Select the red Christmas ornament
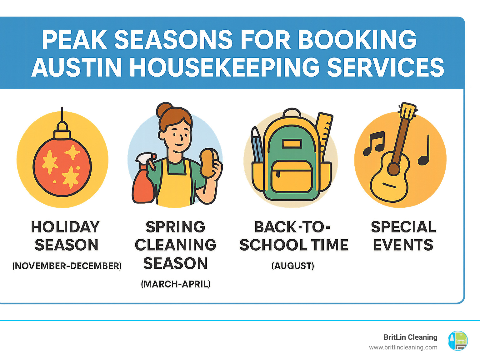[x=62, y=167]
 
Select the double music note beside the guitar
[x=373, y=143]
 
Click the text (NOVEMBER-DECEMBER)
[x=67, y=266]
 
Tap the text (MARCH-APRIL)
[x=176, y=284]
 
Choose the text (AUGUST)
[x=292, y=266]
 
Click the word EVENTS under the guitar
[x=403, y=245]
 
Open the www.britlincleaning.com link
[x=403, y=347]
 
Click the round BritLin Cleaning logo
[x=458, y=341]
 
